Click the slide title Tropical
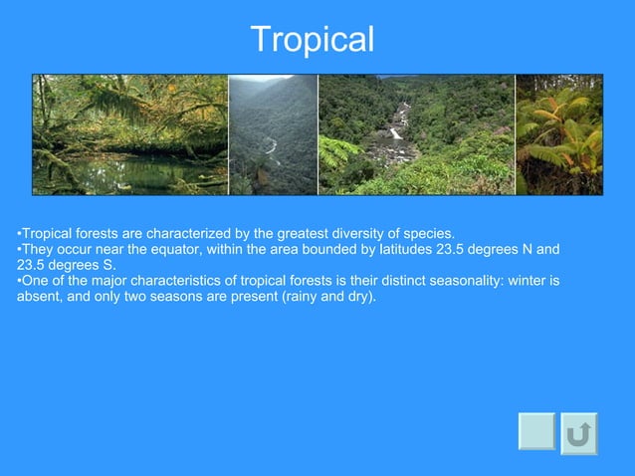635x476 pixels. [313, 40]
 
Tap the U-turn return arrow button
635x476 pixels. [579, 434]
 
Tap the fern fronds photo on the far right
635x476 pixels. [558, 134]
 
